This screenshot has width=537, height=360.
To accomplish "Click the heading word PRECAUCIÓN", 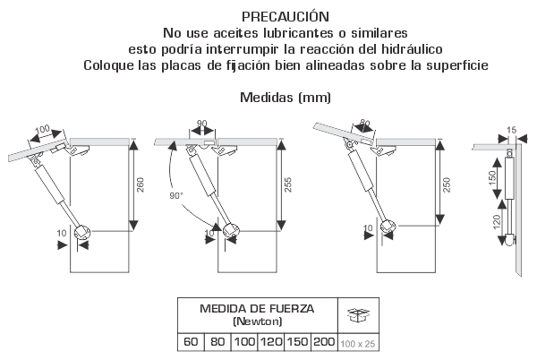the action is click(x=286, y=17).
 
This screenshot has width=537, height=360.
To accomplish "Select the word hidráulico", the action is click(x=412, y=49).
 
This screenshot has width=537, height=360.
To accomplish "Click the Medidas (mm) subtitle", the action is click(x=286, y=98).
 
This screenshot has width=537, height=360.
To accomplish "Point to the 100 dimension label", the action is click(x=43, y=130).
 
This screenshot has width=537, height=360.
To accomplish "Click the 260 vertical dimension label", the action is click(x=141, y=184).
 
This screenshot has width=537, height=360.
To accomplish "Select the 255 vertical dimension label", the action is click(x=288, y=184).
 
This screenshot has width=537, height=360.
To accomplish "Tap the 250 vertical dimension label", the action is click(x=447, y=184).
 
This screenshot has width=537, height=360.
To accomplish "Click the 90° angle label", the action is click(x=176, y=195).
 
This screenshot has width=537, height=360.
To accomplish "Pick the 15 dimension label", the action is click(x=511, y=130).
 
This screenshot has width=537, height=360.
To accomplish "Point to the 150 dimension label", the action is click(x=492, y=178).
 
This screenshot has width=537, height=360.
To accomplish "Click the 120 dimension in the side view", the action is click(x=497, y=221).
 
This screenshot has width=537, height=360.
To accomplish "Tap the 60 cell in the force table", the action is click(x=191, y=342).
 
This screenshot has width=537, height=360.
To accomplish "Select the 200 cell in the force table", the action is click(x=324, y=342).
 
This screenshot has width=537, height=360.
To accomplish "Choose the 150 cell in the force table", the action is click(x=297, y=342).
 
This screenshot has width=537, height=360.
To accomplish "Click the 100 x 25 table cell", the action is click(x=358, y=344).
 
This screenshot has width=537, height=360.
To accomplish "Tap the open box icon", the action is click(x=358, y=315).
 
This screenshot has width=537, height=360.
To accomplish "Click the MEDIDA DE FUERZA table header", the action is click(x=257, y=309).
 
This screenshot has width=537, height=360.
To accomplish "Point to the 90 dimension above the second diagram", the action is click(x=202, y=124).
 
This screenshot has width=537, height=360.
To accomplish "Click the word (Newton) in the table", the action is click(x=258, y=321).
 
